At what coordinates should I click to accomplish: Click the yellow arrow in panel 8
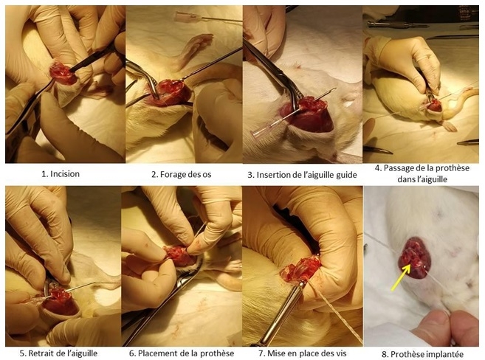(401, 277)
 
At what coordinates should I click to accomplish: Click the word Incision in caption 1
(65, 174)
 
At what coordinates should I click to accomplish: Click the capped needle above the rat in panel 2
(208, 18)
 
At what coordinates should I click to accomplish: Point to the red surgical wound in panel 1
(63, 73)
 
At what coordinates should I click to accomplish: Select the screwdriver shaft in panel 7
(281, 316)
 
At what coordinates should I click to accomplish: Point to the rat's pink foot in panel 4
(449, 125)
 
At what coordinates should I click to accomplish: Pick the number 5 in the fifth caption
(22, 353)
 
